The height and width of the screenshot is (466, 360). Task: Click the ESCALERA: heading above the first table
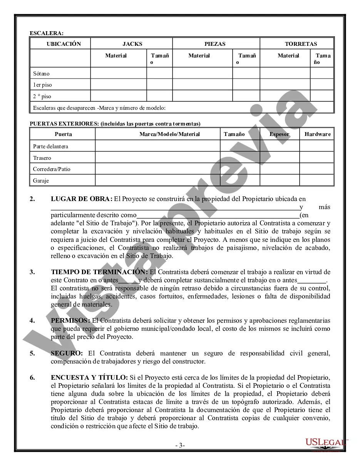47,33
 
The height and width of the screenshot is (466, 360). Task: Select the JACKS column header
132,44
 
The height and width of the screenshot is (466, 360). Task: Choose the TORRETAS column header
301,44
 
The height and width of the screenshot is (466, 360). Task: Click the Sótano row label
41,74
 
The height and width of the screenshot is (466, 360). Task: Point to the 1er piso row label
42,85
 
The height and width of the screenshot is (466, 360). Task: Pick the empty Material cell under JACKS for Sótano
118,73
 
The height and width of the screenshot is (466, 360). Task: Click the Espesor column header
280,134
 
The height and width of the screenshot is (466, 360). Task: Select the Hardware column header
317,134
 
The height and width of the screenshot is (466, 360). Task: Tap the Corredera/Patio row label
52,169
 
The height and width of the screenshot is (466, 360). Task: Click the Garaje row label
41,180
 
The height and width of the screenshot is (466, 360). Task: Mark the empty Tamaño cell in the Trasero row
239,158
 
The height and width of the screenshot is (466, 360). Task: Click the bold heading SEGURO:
67,353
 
